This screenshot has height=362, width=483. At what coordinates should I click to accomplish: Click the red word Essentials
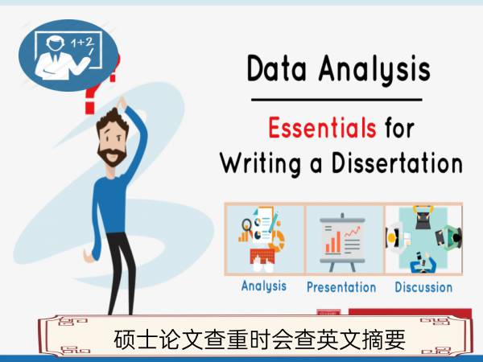322,127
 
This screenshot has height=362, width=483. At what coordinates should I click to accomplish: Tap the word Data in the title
277,68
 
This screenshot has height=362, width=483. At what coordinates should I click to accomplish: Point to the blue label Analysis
264,286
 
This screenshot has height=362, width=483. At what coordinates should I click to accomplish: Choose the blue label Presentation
341,287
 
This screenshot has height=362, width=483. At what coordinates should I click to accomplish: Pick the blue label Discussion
423,287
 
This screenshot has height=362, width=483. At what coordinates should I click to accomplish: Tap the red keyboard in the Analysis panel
262,256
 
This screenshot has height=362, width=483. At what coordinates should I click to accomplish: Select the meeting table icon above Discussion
424,240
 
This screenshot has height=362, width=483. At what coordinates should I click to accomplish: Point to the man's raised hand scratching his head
122,103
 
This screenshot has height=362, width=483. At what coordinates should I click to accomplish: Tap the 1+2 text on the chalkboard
82,43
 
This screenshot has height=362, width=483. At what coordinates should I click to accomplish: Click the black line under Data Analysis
336,100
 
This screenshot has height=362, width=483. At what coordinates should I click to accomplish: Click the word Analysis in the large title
374,69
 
